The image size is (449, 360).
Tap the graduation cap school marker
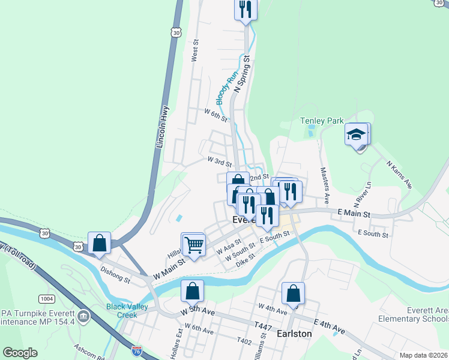coord(357,134)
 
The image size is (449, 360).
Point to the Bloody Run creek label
coord(224,88)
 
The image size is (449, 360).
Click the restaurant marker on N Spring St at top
coord(245,9)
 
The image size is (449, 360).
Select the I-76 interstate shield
coord(137,350)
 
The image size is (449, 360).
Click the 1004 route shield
coord(46,298)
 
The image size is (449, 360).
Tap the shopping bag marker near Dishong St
coord(99,243)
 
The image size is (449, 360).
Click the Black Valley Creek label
coord(127,311)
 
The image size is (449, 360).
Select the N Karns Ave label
coord(399,173)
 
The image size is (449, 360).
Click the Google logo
coord(20,353)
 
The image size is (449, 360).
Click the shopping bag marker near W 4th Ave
coord(293,293)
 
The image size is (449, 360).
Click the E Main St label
coord(355,213)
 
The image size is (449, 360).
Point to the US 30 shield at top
coord(175,34)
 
